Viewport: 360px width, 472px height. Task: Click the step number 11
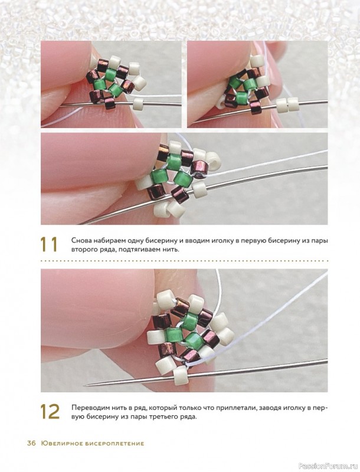[49, 245]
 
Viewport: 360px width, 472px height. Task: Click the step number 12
[50, 411]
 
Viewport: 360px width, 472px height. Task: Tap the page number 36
[31, 444]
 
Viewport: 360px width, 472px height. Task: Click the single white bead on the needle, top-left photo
[139, 103]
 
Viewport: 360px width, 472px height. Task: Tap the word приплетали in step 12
[223, 408]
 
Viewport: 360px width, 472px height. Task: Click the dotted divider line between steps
[184, 261]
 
